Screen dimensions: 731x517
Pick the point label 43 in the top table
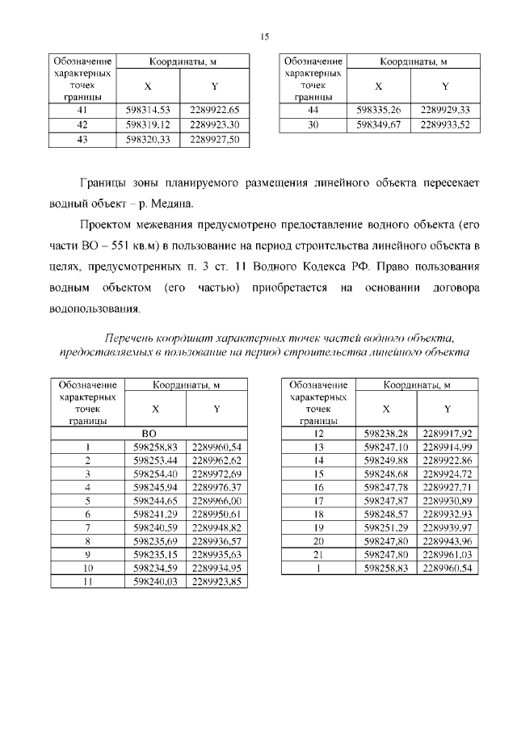coord(82,140)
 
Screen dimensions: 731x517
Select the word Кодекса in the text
coord(350,266)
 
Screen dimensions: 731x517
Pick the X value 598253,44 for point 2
coord(158,460)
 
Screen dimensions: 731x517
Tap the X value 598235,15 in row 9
coord(158,555)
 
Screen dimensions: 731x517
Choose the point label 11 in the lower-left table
coord(86,582)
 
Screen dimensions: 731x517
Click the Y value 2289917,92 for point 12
coord(447,433)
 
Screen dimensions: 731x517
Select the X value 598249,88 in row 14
coord(386,460)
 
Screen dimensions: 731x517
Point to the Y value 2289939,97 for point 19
coord(447,527)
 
